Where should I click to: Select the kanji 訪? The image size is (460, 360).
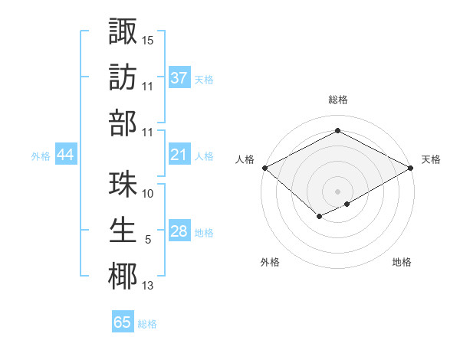[x=123, y=77]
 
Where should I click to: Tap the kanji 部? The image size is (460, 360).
[x=123, y=123]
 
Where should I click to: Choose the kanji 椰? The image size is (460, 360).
[x=123, y=277]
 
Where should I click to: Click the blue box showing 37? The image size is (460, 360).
[x=179, y=78]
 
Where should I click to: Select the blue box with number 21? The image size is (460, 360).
[x=179, y=155]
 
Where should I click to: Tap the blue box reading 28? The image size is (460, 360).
[x=179, y=231]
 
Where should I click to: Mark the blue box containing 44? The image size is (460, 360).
[x=65, y=155]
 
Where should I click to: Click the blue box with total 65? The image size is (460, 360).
[x=123, y=322]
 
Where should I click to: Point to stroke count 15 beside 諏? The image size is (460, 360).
[x=148, y=40]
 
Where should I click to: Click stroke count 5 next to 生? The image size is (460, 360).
[x=147, y=240]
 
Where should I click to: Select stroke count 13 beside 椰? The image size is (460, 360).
[x=148, y=286]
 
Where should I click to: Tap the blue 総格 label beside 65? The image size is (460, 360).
[x=147, y=324]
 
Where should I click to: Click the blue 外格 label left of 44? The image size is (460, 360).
[x=41, y=156]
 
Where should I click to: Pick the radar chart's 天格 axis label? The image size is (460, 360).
[x=431, y=159]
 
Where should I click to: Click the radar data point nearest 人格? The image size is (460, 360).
[x=264, y=168]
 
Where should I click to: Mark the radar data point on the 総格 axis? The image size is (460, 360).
[x=337, y=130]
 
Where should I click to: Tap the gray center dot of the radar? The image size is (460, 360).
[x=337, y=191]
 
